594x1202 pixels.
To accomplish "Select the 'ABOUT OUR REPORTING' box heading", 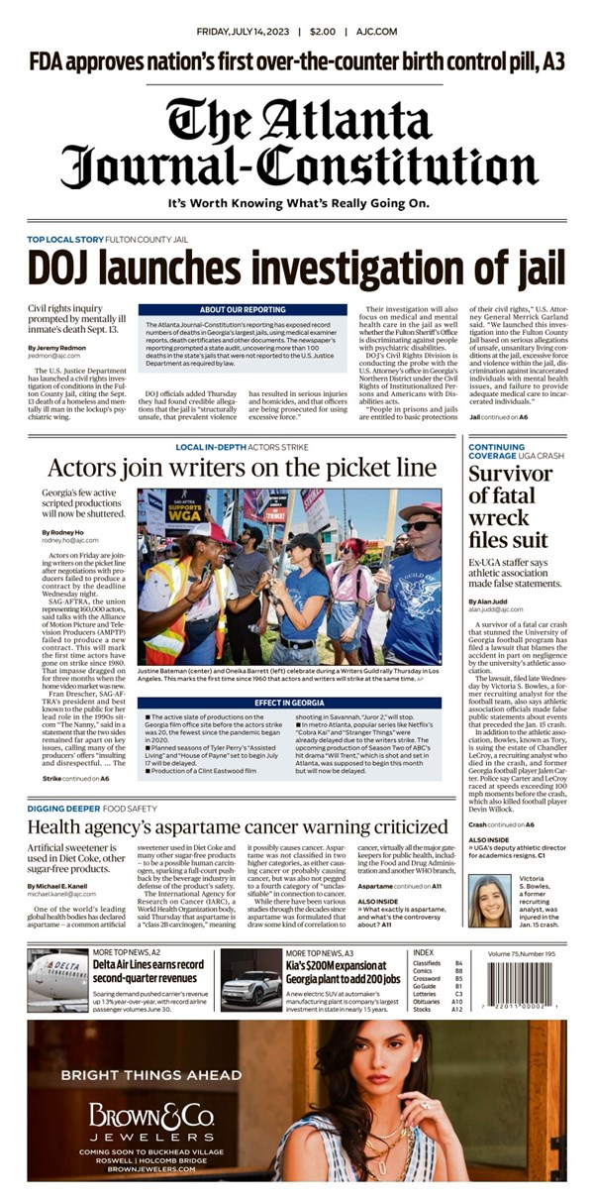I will (x=243, y=309).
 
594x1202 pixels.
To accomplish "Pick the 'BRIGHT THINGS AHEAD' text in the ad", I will (x=150, y=1074).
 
